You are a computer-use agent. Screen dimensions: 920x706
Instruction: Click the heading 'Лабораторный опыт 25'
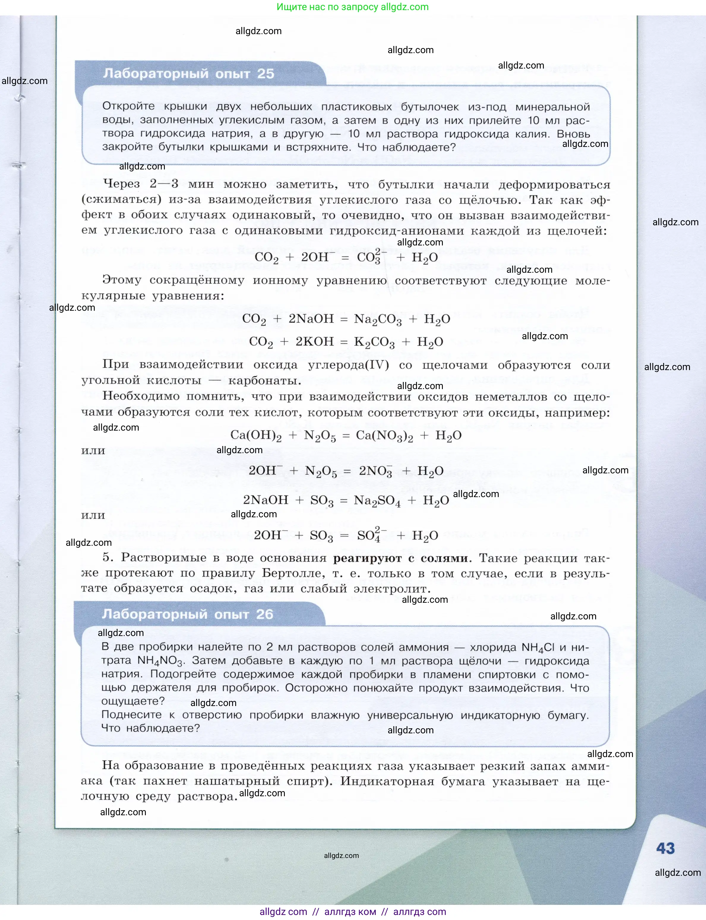[x=188, y=74]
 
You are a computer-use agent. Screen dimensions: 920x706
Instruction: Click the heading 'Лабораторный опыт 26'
[x=187, y=614]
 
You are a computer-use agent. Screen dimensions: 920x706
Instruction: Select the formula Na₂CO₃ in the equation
[x=378, y=320]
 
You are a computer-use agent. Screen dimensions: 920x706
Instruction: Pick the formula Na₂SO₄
[x=377, y=501]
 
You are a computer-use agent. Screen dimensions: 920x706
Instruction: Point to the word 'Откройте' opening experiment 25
[x=128, y=107]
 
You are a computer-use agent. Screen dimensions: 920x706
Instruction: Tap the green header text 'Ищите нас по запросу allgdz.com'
[x=353, y=7]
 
